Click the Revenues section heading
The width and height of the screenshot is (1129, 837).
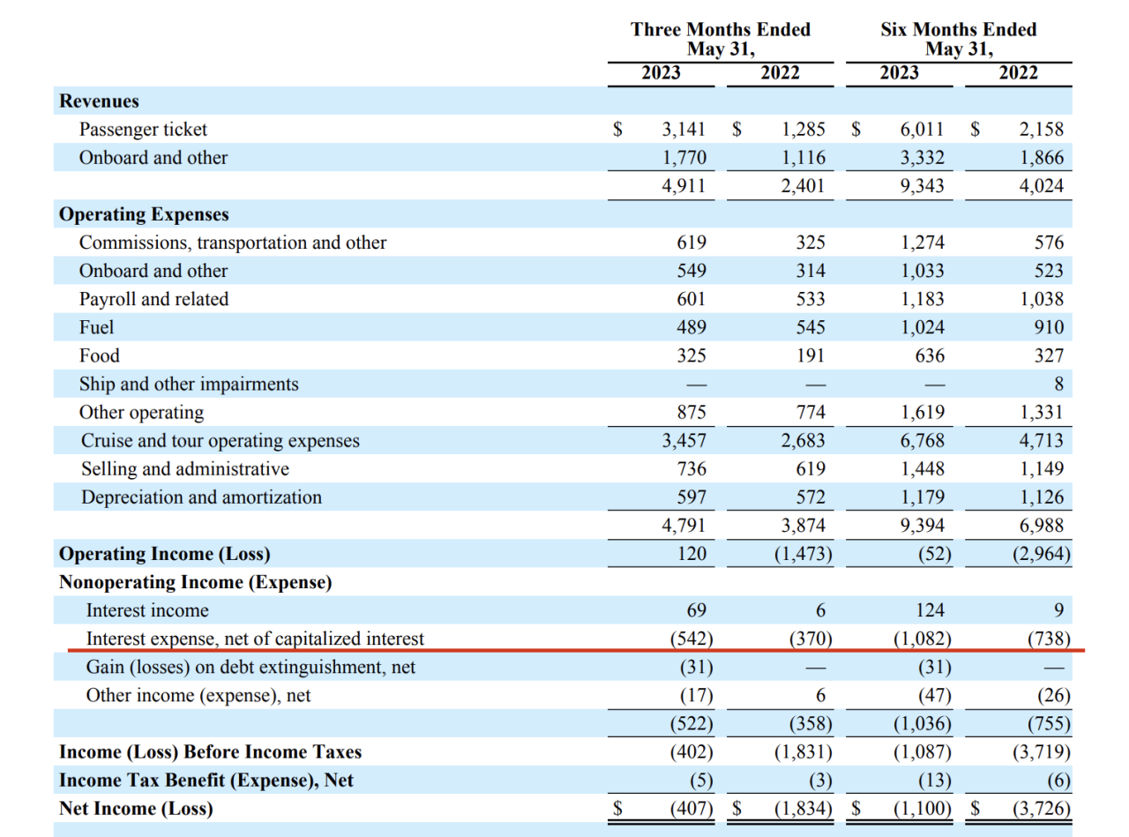point(99,101)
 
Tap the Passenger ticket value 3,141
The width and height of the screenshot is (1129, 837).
point(684,130)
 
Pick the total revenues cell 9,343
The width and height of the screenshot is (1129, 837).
point(922,186)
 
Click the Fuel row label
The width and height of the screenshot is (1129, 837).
point(97,327)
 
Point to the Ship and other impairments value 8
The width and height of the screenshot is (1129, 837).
point(1058,384)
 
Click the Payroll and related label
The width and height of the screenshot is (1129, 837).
point(153,299)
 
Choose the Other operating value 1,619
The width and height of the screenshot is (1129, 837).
point(922,412)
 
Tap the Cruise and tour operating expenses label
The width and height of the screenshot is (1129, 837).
point(220,440)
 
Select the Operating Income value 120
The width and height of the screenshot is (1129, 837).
point(691,554)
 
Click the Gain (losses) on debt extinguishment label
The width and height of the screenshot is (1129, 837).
point(250,667)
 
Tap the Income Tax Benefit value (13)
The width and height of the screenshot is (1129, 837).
point(930,780)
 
